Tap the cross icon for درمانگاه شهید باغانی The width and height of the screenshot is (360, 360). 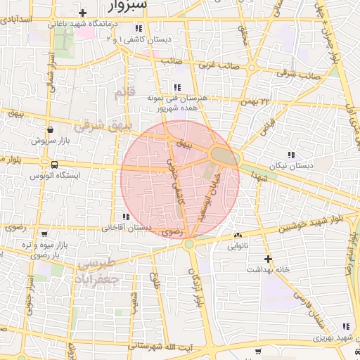coord(83,13)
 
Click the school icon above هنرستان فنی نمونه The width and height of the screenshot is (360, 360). coord(176,87)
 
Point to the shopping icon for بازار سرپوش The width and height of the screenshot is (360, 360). coord(51,129)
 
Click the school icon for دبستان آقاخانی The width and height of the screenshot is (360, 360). coord(126,217)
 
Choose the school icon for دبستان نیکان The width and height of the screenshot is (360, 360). coord(290,155)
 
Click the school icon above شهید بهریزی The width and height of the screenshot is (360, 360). coord(345,326)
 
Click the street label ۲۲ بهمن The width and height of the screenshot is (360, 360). coord(255,103)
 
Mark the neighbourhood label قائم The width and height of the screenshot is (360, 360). coord(123,93)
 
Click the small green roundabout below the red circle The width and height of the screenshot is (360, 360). coord(188,244)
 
